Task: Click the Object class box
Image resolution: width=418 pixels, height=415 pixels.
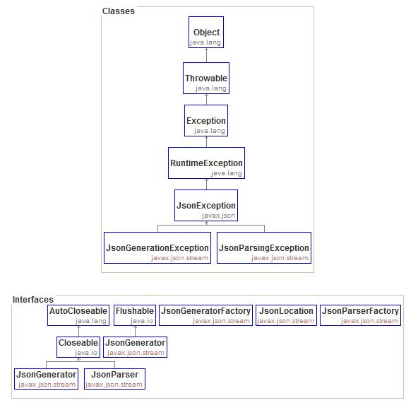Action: pos(206,37)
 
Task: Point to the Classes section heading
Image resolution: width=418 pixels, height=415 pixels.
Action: pos(118,11)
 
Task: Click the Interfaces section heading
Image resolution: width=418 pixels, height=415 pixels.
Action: pos(32,300)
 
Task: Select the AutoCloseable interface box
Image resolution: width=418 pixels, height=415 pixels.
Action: pos(78,315)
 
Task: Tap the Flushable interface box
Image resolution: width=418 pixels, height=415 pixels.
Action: pos(134,315)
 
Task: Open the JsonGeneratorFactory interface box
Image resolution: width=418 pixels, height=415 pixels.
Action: pos(206,315)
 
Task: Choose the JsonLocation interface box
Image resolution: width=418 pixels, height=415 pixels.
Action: pos(286,315)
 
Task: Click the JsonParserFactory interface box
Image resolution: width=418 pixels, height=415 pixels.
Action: pos(360,315)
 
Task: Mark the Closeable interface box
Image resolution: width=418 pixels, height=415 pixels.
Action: pos(78,346)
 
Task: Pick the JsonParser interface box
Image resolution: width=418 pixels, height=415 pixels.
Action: pos(114,378)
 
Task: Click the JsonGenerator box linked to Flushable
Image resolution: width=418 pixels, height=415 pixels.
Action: pos(135,346)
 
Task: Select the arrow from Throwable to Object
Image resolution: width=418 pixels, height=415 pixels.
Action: pos(206,56)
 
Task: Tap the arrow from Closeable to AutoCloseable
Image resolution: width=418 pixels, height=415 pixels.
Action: pos(78,330)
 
